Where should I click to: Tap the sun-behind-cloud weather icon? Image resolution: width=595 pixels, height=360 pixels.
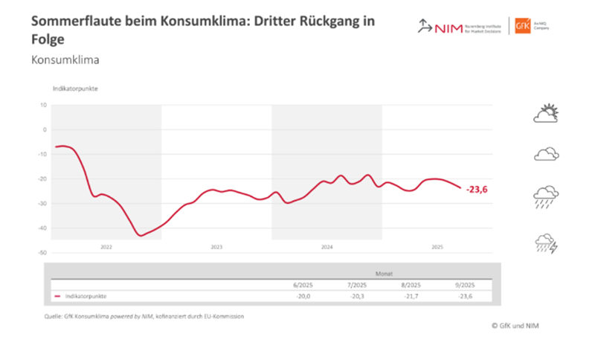coord(546,114)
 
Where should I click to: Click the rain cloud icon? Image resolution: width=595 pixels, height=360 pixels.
coord(546,197)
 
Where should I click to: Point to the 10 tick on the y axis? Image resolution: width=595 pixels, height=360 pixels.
coord(43,105)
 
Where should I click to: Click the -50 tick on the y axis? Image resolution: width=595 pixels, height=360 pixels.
coord(42,252)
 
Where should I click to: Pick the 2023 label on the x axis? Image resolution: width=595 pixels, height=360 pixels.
coord(216,245)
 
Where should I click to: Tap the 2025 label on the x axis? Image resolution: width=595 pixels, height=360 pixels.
coord(437,245)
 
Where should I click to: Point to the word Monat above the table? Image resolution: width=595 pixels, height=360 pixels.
coord(383,272)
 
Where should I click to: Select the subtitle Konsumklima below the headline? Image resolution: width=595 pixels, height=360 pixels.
coord(65,59)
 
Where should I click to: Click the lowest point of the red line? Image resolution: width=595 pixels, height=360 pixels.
coord(140,235)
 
